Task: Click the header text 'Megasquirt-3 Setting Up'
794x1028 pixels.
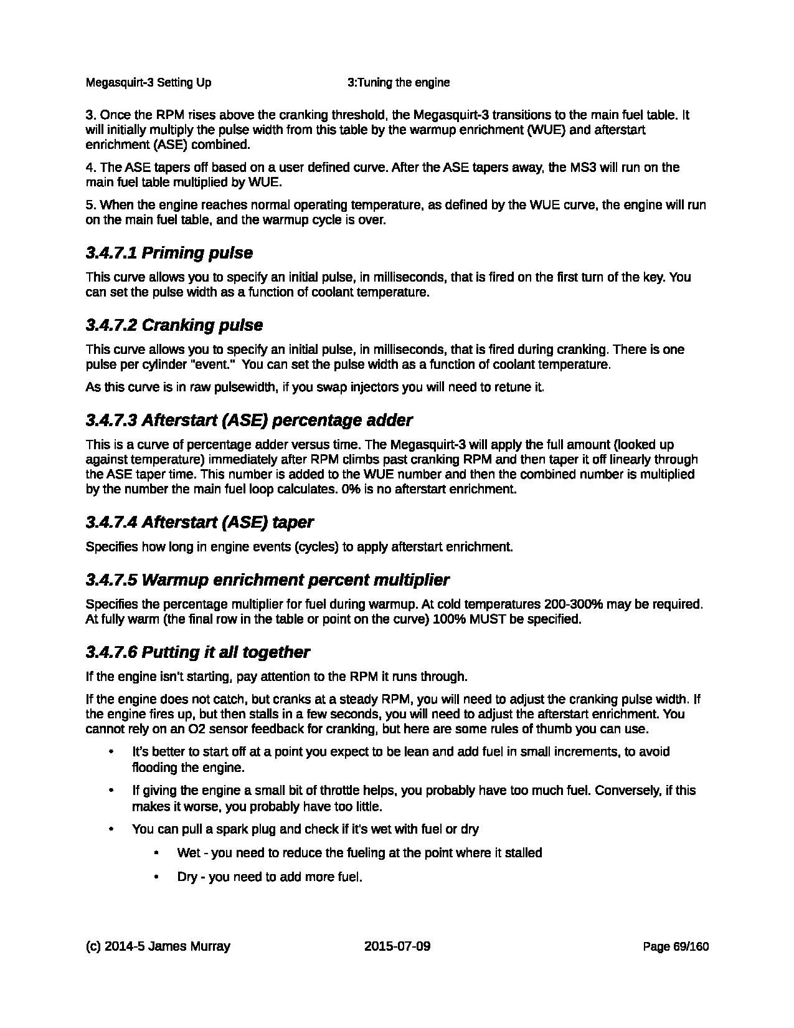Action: pos(148,83)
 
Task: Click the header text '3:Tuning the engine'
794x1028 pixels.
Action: pos(399,83)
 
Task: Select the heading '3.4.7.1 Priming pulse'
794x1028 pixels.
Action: pos(169,253)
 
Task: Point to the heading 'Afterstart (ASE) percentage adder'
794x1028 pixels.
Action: pos(276,421)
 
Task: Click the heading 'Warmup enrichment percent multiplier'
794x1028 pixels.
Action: pos(295,580)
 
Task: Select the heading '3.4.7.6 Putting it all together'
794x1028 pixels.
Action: pos(197,652)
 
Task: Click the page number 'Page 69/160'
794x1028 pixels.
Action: pos(676,947)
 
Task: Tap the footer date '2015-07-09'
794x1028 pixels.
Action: pos(397,946)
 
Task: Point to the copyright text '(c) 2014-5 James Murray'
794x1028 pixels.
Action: pos(158,946)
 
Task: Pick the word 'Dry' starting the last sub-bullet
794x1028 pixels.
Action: pos(187,877)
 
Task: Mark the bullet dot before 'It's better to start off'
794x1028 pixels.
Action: pos(111,752)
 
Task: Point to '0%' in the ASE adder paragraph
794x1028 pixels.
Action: pos(349,489)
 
